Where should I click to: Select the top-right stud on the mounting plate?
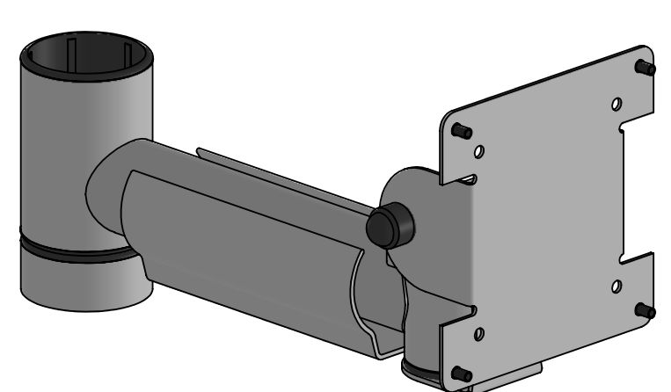pos(645,67)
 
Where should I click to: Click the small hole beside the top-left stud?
pos(478,151)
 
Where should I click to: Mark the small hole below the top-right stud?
pos(617,104)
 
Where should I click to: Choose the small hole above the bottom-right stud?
pos(616,286)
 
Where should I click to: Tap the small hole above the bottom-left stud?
pos(478,335)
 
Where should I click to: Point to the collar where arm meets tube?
pos(114,185)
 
